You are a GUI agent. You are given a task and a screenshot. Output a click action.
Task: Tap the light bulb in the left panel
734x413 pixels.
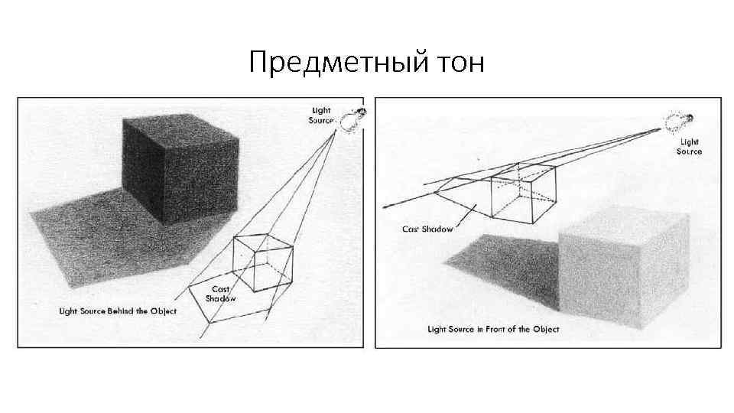352,119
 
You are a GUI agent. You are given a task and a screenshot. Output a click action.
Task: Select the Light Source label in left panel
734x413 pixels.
320,115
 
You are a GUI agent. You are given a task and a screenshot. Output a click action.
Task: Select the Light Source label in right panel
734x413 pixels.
689,146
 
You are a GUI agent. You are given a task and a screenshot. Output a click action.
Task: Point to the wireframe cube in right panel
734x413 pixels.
521,191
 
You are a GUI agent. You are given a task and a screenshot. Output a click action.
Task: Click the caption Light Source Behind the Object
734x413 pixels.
119,311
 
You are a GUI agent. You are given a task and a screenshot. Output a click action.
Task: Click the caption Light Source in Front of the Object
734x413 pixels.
493,330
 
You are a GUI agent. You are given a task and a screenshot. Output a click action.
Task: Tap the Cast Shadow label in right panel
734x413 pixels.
427,229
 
